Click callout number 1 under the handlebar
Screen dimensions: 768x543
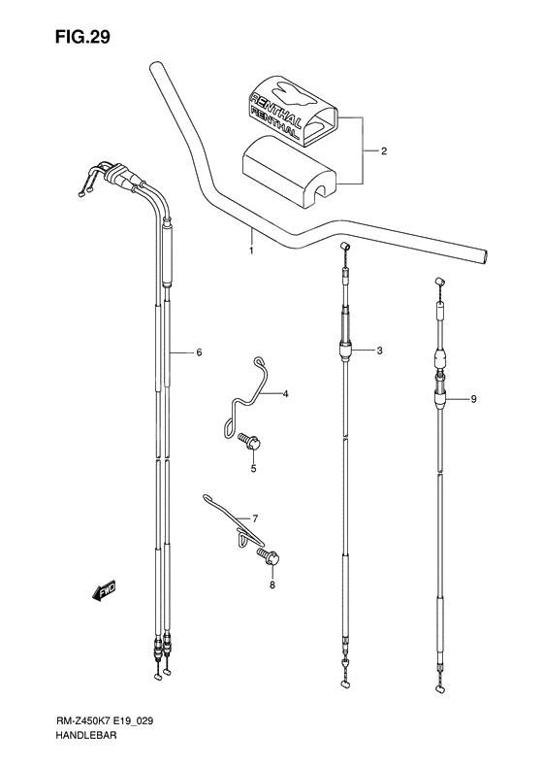pyautogui.click(x=250, y=251)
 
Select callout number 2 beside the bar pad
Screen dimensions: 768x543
pyautogui.click(x=383, y=152)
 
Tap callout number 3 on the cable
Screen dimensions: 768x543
pyautogui.click(x=380, y=350)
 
